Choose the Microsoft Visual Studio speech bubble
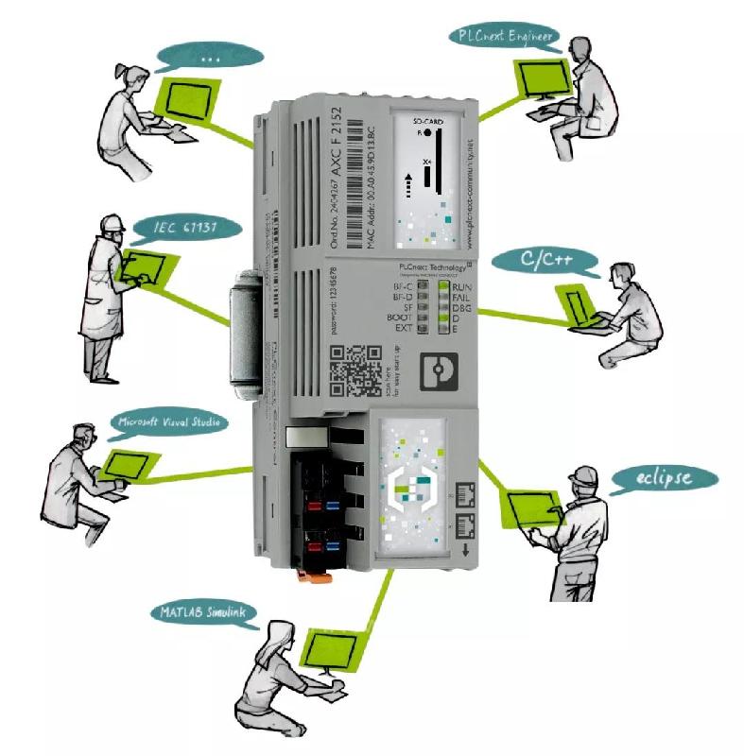[x=168, y=422]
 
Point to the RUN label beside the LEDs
[x=462, y=286]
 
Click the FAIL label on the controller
[x=462, y=298]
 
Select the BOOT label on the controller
[x=400, y=318]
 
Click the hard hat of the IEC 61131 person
[x=113, y=222]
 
